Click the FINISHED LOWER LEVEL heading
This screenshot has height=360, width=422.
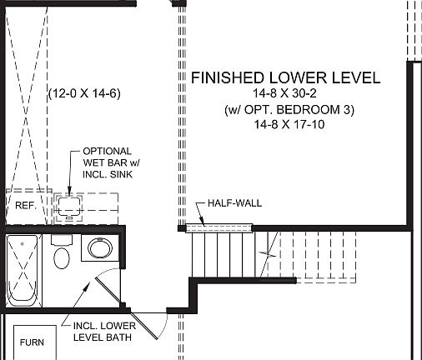click(286, 78)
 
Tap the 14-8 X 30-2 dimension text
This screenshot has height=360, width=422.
click(286, 94)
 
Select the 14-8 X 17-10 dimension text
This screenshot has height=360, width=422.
click(286, 125)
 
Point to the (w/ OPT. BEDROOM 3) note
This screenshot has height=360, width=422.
click(286, 110)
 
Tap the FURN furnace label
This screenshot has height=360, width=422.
click(32, 342)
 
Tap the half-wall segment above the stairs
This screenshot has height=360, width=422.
click(218, 227)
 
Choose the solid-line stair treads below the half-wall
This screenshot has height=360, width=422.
click(219, 254)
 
